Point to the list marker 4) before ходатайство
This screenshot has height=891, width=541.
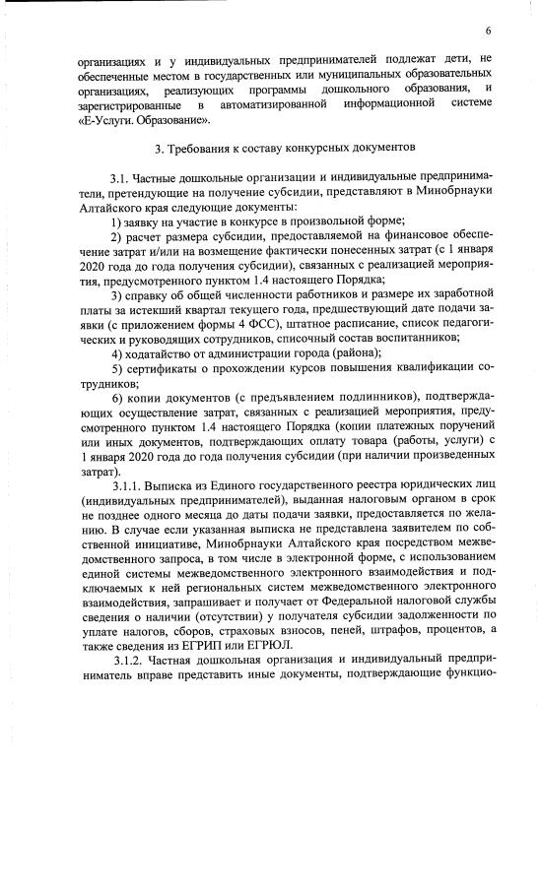click(116, 352)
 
